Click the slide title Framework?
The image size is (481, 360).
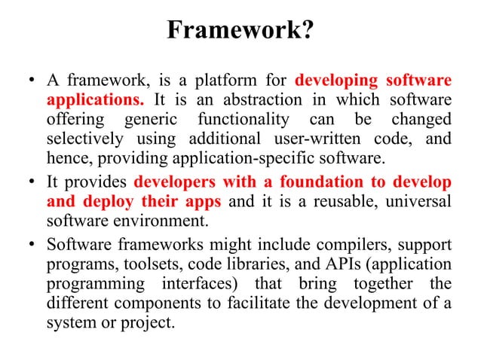(240, 31)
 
